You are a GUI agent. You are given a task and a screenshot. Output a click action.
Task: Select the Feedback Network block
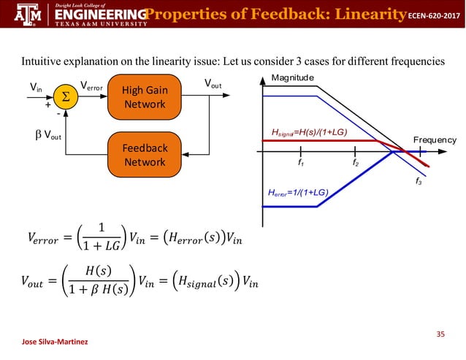(x=144, y=154)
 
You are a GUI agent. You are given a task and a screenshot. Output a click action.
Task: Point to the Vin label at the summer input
(x=35, y=88)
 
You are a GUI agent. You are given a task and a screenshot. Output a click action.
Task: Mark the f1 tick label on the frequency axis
(x=300, y=163)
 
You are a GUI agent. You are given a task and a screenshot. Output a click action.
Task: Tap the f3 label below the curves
(x=419, y=180)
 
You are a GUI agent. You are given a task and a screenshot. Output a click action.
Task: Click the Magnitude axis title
(x=292, y=77)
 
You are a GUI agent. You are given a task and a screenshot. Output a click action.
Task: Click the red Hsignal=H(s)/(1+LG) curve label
(x=309, y=132)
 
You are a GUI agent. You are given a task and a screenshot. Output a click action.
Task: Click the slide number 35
(x=440, y=334)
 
